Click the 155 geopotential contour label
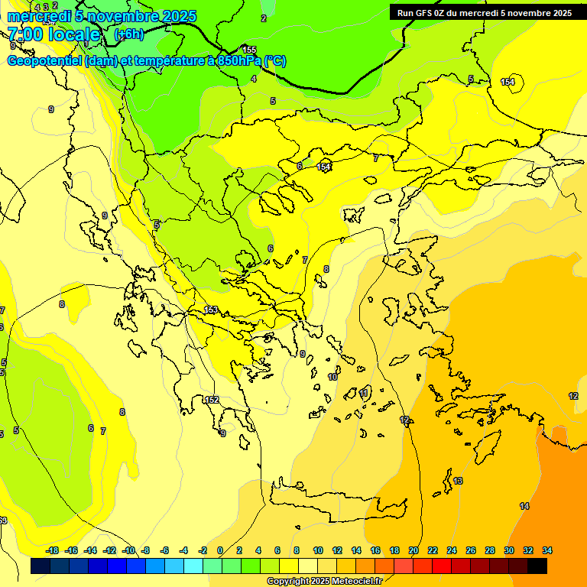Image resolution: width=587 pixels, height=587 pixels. point(249,50)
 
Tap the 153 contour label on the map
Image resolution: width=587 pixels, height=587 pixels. point(212,310)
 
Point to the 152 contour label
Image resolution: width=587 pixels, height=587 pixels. point(212,400)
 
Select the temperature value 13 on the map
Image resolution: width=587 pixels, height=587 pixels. point(458,481)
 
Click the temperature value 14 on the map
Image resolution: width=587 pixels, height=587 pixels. point(524,506)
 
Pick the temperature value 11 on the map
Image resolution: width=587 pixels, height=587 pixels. point(364,393)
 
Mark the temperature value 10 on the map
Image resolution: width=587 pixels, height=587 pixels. point(332,377)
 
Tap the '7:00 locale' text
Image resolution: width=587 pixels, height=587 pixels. point(54,34)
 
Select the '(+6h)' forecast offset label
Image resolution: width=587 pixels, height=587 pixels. point(128,34)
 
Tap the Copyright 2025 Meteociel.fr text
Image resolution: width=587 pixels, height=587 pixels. point(324,581)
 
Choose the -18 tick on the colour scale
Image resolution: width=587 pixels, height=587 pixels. point(52,550)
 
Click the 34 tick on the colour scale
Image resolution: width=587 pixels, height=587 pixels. point(547,550)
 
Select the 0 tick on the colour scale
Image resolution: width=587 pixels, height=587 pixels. point(220,550)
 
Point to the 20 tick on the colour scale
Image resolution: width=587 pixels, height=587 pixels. point(413,550)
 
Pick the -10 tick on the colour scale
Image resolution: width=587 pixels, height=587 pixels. point(128,550)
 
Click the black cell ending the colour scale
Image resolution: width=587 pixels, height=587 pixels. point(537,566)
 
